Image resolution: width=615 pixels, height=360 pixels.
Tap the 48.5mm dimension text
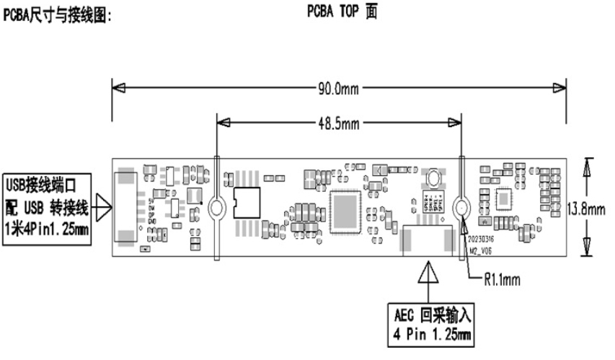339,123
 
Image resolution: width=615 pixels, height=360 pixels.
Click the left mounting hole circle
217,210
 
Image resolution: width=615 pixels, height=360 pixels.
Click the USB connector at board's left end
127,206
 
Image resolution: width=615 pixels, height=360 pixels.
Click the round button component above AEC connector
433,178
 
